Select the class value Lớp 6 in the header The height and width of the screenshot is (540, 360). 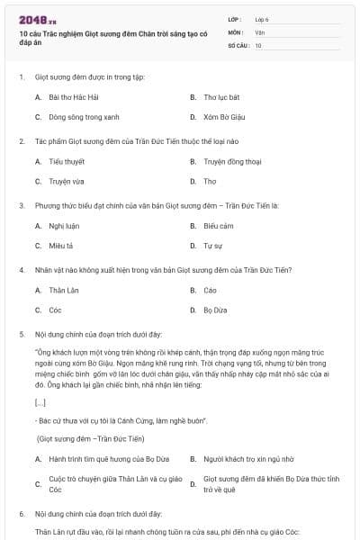point(262,19)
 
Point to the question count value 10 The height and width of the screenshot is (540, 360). point(258,44)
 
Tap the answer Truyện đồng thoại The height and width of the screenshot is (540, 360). point(229,161)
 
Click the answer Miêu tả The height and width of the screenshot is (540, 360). point(60,245)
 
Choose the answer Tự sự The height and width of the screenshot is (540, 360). point(212,245)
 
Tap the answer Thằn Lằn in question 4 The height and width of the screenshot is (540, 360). point(64,290)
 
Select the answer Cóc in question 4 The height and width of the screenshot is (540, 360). point(55,310)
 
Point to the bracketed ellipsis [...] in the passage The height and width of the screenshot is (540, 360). point(40,402)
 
